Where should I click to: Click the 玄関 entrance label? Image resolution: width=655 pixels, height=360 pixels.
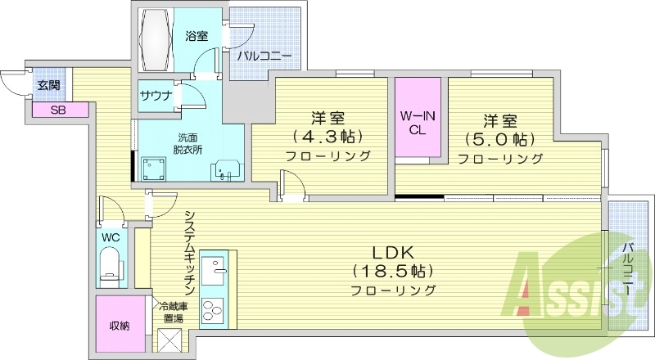coord(47,85)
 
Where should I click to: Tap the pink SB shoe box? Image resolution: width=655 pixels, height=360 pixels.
coord(60,110)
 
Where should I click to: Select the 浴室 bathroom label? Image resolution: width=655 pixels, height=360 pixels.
coord(196,36)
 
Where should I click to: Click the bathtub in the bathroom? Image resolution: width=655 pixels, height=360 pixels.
coord(156,40)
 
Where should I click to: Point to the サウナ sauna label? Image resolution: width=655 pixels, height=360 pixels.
coord(156,96)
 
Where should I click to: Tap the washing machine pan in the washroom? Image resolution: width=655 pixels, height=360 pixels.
coord(154,169)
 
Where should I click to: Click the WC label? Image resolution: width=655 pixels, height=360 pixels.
coord(110,237)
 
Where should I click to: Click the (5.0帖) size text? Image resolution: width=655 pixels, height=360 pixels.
coord(499,139)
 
